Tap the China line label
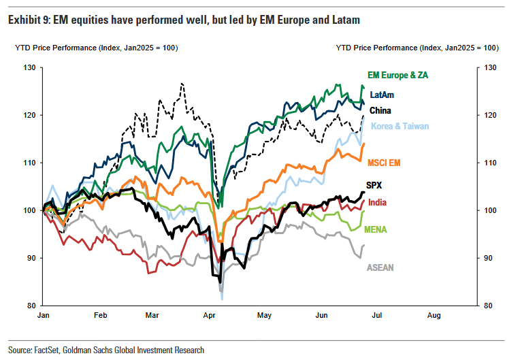click(380, 110)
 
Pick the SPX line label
click(374, 185)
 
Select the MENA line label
click(376, 229)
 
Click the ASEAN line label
click(380, 267)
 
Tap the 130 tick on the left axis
click(29, 67)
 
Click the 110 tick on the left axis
click(29, 163)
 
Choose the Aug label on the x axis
click(434, 316)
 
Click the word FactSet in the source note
click(48, 350)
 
